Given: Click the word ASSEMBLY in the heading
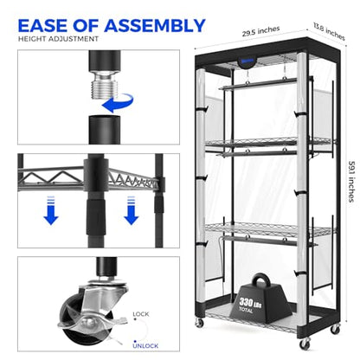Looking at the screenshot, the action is point(155,25).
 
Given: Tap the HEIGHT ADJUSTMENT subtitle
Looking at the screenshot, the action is point(58,39).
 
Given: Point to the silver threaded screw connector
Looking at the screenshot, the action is point(105,85).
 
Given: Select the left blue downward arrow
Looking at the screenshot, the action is point(51,210).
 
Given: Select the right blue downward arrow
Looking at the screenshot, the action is point(132,210).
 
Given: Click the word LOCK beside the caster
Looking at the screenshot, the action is point(141,314).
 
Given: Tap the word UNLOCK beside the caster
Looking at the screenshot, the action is point(145,345).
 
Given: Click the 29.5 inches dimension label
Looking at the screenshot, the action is point(260,31).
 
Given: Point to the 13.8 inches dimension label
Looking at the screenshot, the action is point(329,31).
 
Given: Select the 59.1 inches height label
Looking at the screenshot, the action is point(351,182).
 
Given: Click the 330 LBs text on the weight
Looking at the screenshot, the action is point(250,302).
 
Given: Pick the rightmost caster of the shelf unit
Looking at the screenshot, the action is point(335,329).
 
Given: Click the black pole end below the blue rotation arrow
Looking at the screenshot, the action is point(105,130).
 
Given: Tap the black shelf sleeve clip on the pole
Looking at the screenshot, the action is point(96,176).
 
